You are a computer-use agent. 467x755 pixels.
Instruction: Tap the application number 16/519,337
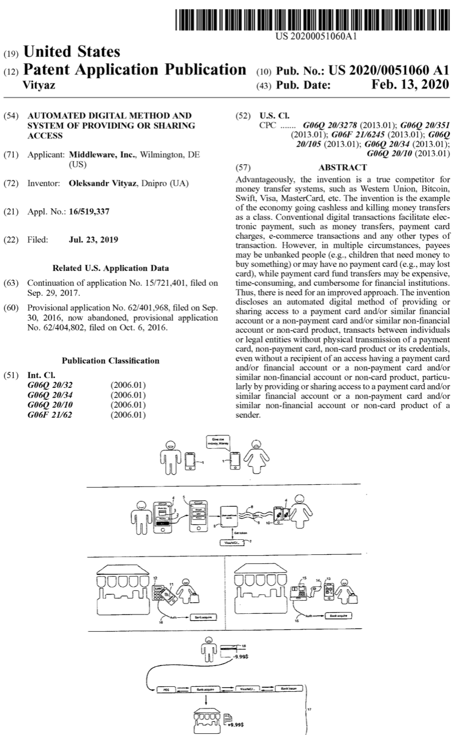point(89,212)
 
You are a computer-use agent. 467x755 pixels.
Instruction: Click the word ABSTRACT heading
point(343,168)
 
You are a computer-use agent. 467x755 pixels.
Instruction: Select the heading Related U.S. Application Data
point(111,268)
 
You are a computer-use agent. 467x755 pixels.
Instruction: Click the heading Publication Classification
point(111,361)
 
